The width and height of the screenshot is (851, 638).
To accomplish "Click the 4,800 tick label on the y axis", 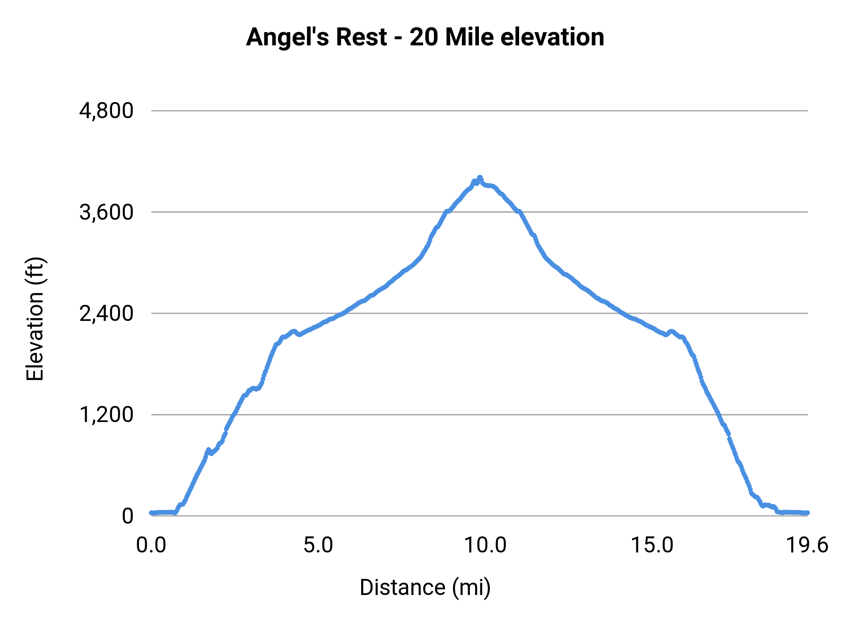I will (106, 111).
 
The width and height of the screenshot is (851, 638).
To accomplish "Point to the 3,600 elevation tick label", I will (106, 213).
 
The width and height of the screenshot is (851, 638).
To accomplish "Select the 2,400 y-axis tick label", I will (106, 314).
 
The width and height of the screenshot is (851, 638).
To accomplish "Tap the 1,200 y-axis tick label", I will (106, 415).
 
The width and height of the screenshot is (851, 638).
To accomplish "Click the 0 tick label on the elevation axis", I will (127, 516).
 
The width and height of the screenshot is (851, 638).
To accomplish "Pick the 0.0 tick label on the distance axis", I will (151, 545).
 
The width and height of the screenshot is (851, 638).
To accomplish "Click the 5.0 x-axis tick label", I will (318, 545).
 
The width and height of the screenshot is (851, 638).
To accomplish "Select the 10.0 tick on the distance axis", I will (485, 545).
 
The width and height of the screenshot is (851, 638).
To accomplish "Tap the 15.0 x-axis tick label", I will (652, 545).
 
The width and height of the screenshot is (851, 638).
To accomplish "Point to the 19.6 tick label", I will (807, 545).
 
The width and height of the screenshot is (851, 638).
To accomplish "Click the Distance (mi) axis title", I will (425, 587).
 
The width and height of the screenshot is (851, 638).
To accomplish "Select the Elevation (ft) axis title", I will (35, 319).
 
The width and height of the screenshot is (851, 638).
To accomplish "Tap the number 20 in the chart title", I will (424, 37).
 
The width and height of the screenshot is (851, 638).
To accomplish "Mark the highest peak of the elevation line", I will (479, 178).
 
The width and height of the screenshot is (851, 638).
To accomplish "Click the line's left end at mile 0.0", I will (151, 513).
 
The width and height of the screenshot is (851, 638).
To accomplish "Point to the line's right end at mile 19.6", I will (808, 513).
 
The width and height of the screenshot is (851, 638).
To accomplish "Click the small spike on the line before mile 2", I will (208, 450).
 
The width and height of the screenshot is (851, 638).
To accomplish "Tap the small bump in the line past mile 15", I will (671, 331).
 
